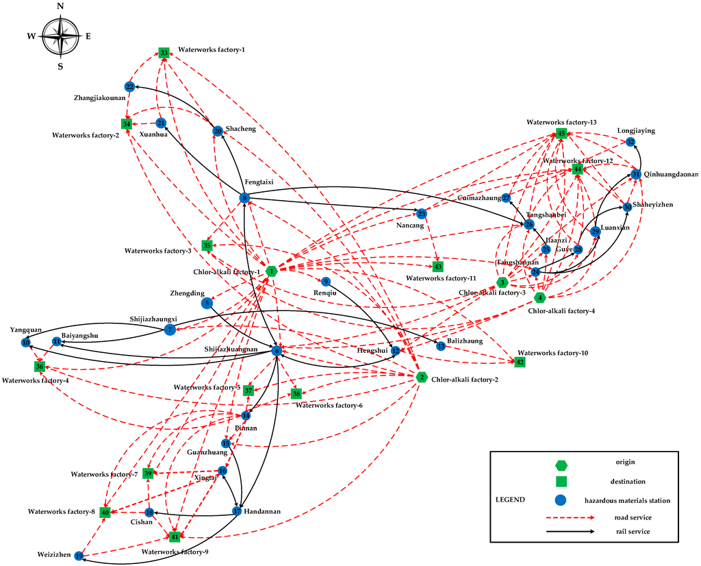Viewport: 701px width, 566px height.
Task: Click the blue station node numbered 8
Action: point(244,198)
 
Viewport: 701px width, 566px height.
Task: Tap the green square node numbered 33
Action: point(164,53)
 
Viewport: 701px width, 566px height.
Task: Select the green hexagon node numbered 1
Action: point(272,271)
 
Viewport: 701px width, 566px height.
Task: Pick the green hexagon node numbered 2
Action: point(422,378)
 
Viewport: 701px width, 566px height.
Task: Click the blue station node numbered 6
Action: point(277,351)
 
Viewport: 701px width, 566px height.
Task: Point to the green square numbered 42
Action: point(520,362)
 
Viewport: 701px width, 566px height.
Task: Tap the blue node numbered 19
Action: point(79,556)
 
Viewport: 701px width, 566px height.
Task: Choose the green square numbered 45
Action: point(561,134)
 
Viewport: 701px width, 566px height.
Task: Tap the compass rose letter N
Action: point(61,6)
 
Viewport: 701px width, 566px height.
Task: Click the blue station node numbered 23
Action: point(422,213)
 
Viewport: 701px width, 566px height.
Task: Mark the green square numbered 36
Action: point(40,367)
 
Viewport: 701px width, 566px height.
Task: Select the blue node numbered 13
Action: point(441,346)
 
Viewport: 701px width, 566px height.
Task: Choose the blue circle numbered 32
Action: point(630,142)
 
